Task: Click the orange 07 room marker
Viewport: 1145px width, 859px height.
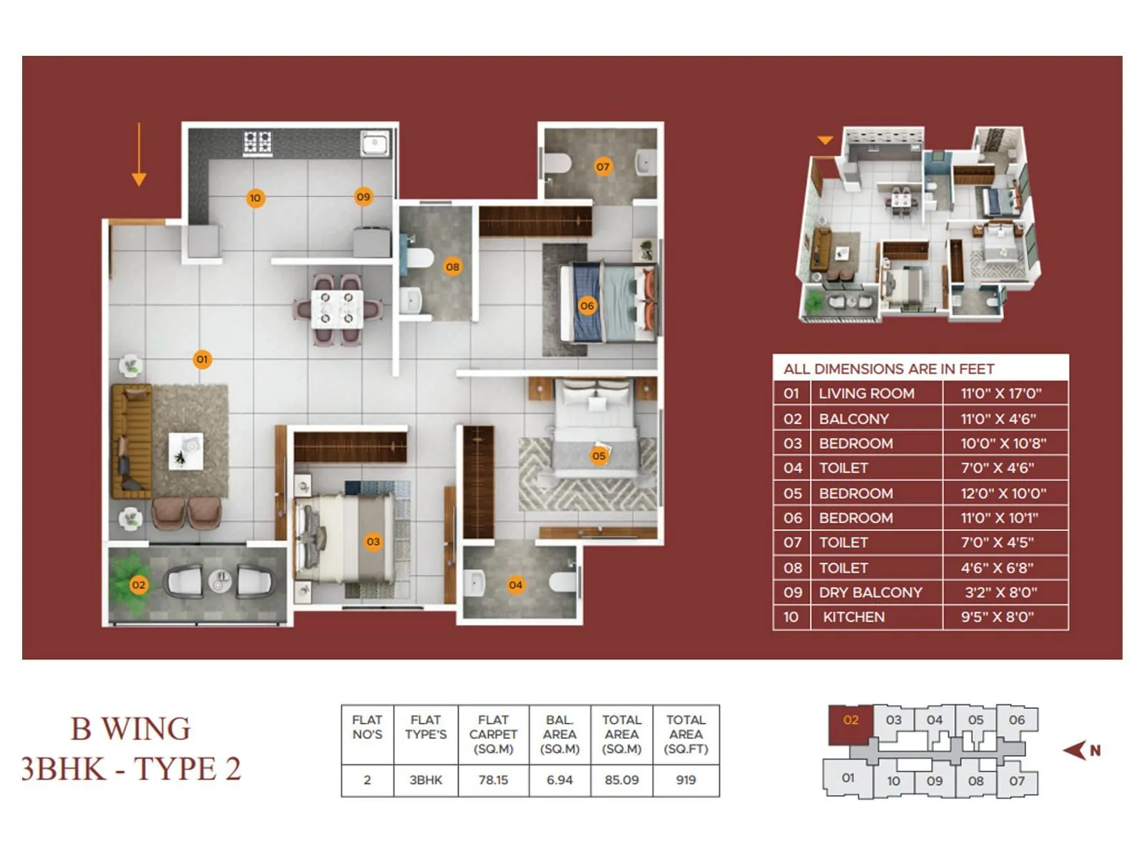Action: tap(603, 167)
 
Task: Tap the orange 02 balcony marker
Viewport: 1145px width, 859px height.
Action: tap(138, 585)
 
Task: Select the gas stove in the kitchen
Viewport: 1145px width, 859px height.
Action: tap(258, 142)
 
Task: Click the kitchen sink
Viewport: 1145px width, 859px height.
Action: tap(374, 143)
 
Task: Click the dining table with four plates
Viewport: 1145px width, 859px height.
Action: tap(336, 309)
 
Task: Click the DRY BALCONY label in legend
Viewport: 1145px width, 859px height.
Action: tap(870, 593)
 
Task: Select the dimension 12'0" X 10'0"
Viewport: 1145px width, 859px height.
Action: tap(1003, 493)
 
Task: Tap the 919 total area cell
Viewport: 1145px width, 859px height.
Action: tap(686, 780)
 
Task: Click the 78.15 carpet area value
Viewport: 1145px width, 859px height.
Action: tap(493, 780)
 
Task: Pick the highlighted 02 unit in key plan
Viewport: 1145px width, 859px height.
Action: tap(850, 721)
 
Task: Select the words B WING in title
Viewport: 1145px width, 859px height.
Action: tap(130, 729)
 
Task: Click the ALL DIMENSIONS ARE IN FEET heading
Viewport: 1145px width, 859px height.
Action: tap(888, 369)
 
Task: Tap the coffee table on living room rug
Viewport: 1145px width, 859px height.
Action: tap(185, 451)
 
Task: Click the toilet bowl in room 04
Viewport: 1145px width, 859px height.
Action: tap(563, 581)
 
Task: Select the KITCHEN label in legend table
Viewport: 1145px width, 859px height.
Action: tap(853, 617)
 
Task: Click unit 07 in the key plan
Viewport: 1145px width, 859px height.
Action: tap(1016, 780)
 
